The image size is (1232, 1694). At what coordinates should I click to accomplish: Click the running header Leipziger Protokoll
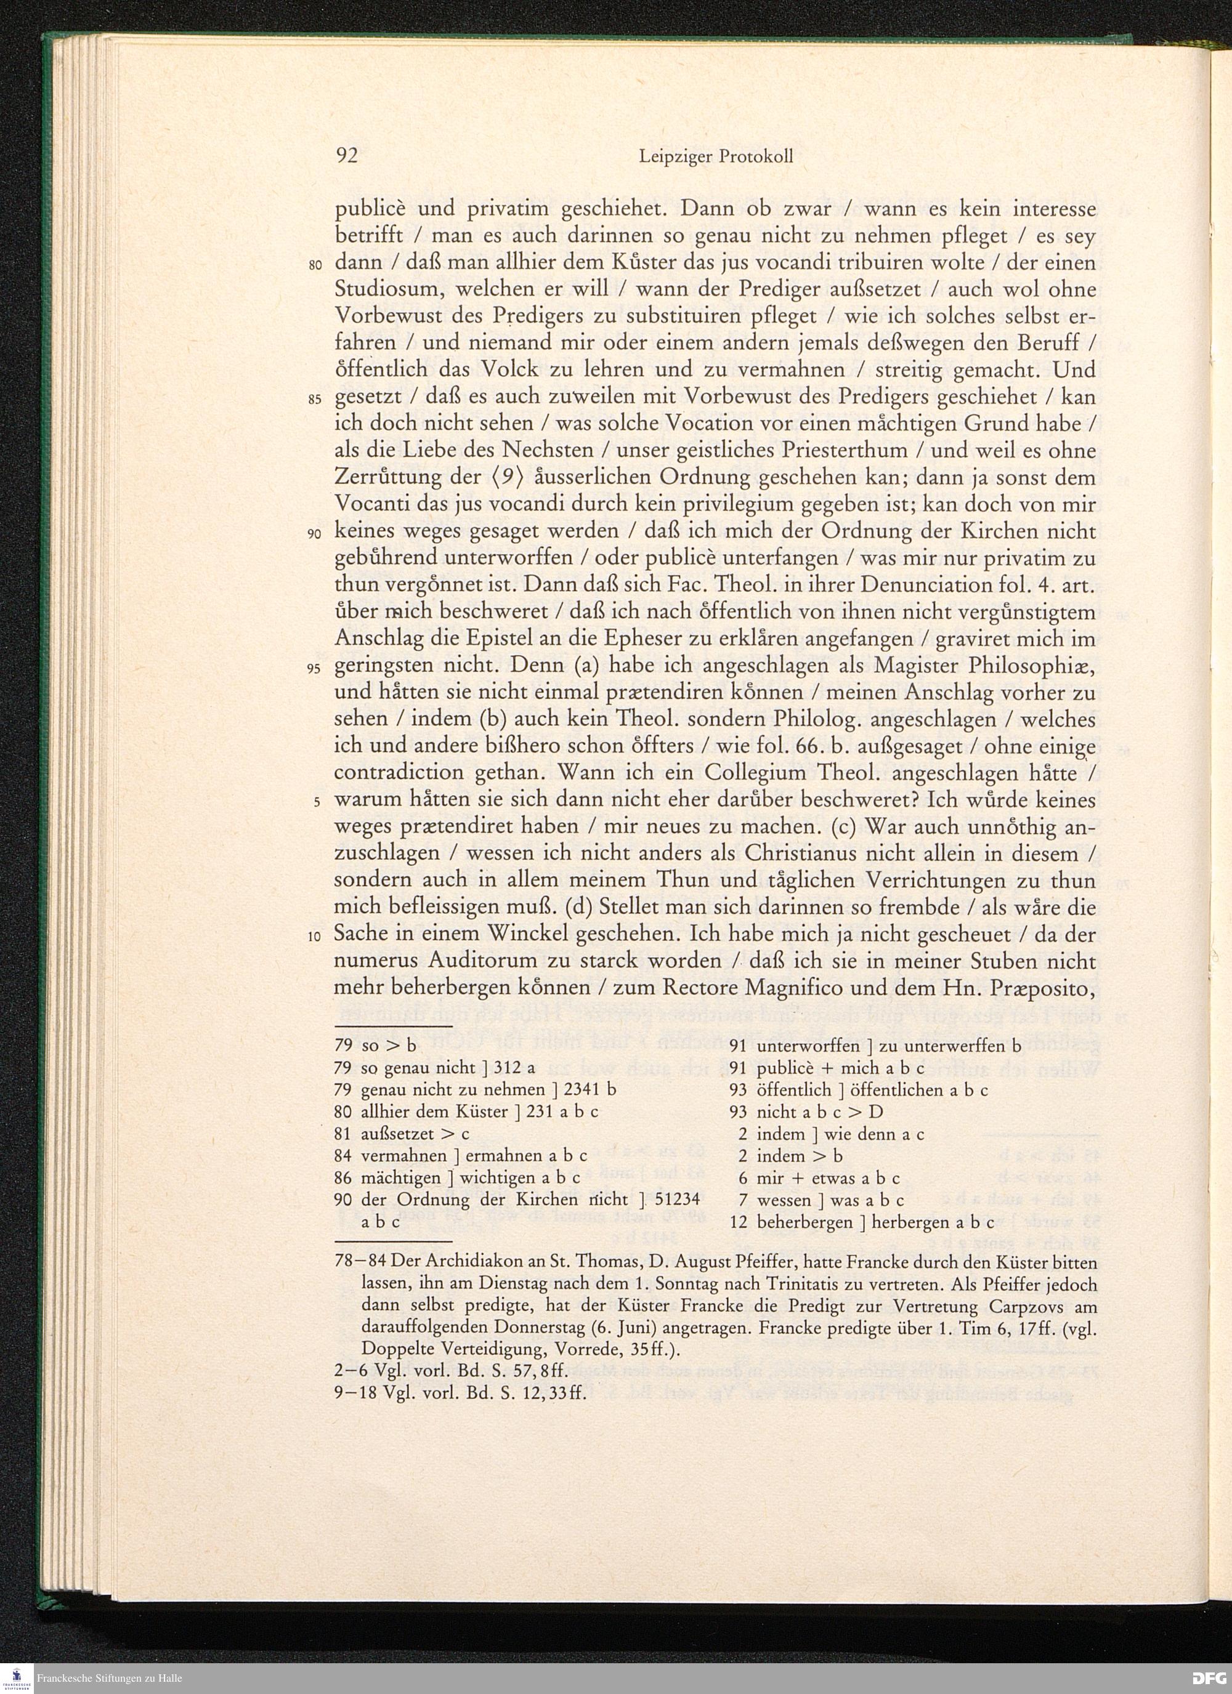[716, 157]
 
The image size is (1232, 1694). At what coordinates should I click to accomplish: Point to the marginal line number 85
[315, 399]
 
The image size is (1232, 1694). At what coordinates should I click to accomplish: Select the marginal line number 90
[315, 534]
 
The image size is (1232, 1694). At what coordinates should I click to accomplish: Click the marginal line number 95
[315, 669]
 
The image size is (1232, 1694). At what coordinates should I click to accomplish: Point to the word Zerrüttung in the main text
[386, 478]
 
